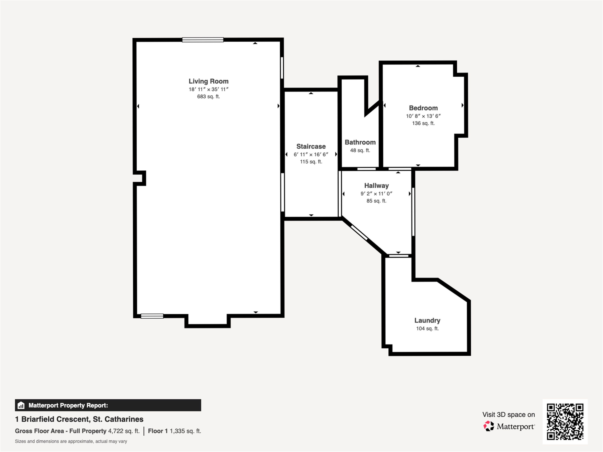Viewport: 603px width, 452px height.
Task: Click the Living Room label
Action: click(209, 81)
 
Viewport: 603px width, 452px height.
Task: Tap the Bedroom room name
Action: click(423, 108)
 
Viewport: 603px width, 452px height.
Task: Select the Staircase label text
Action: click(311, 146)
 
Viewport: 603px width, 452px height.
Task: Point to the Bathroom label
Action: click(360, 142)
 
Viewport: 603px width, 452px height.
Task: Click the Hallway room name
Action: click(376, 186)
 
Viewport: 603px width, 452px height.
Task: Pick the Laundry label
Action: click(427, 320)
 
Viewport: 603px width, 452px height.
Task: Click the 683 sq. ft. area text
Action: click(209, 96)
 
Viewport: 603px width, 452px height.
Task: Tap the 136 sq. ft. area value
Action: click(423, 123)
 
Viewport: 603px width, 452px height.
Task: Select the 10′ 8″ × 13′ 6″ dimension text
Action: click(423, 116)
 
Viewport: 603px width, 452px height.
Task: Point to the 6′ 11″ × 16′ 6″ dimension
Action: click(311, 154)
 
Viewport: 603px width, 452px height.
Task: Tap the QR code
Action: click(565, 422)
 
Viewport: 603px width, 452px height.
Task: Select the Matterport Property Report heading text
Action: click(68, 405)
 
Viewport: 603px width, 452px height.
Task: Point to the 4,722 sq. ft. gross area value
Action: click(124, 431)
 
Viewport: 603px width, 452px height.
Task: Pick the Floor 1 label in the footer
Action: click(158, 431)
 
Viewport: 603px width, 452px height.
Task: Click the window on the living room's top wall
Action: click(203, 40)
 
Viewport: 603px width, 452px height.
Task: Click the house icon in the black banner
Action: click(21, 405)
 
